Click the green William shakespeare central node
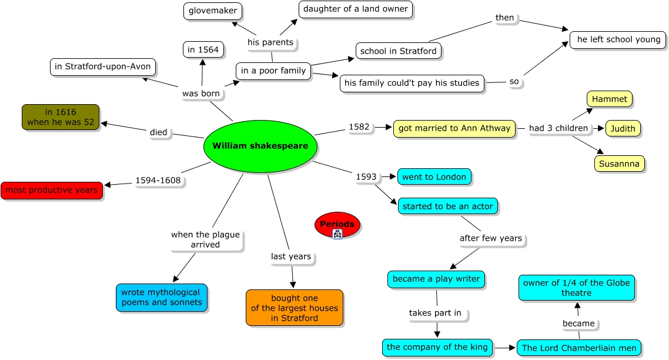[x=260, y=146]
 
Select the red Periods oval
[x=337, y=224]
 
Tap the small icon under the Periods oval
[x=337, y=234]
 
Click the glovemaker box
[x=213, y=11]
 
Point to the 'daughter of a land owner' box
[x=356, y=9]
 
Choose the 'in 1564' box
[x=203, y=49]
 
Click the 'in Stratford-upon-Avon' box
[x=103, y=67]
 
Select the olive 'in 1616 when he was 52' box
[x=61, y=117]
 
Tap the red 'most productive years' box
[x=52, y=191]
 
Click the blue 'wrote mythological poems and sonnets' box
[x=162, y=298]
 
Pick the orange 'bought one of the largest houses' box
[x=295, y=308]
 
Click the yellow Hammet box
[x=609, y=99]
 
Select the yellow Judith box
[x=623, y=129]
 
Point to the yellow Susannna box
[x=619, y=164]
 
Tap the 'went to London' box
[x=434, y=177]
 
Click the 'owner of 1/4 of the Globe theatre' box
[x=577, y=288]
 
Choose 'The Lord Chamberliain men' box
[x=579, y=348]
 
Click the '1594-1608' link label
[x=158, y=181]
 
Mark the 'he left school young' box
[x=618, y=40]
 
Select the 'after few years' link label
[x=491, y=238]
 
